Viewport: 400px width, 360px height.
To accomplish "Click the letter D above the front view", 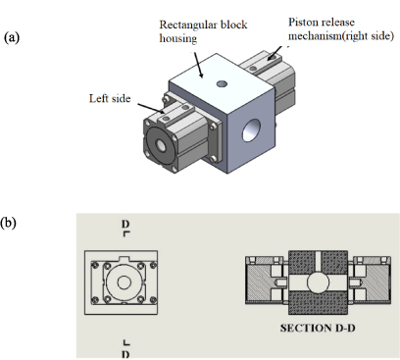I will pyautogui.click(x=125, y=225).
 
